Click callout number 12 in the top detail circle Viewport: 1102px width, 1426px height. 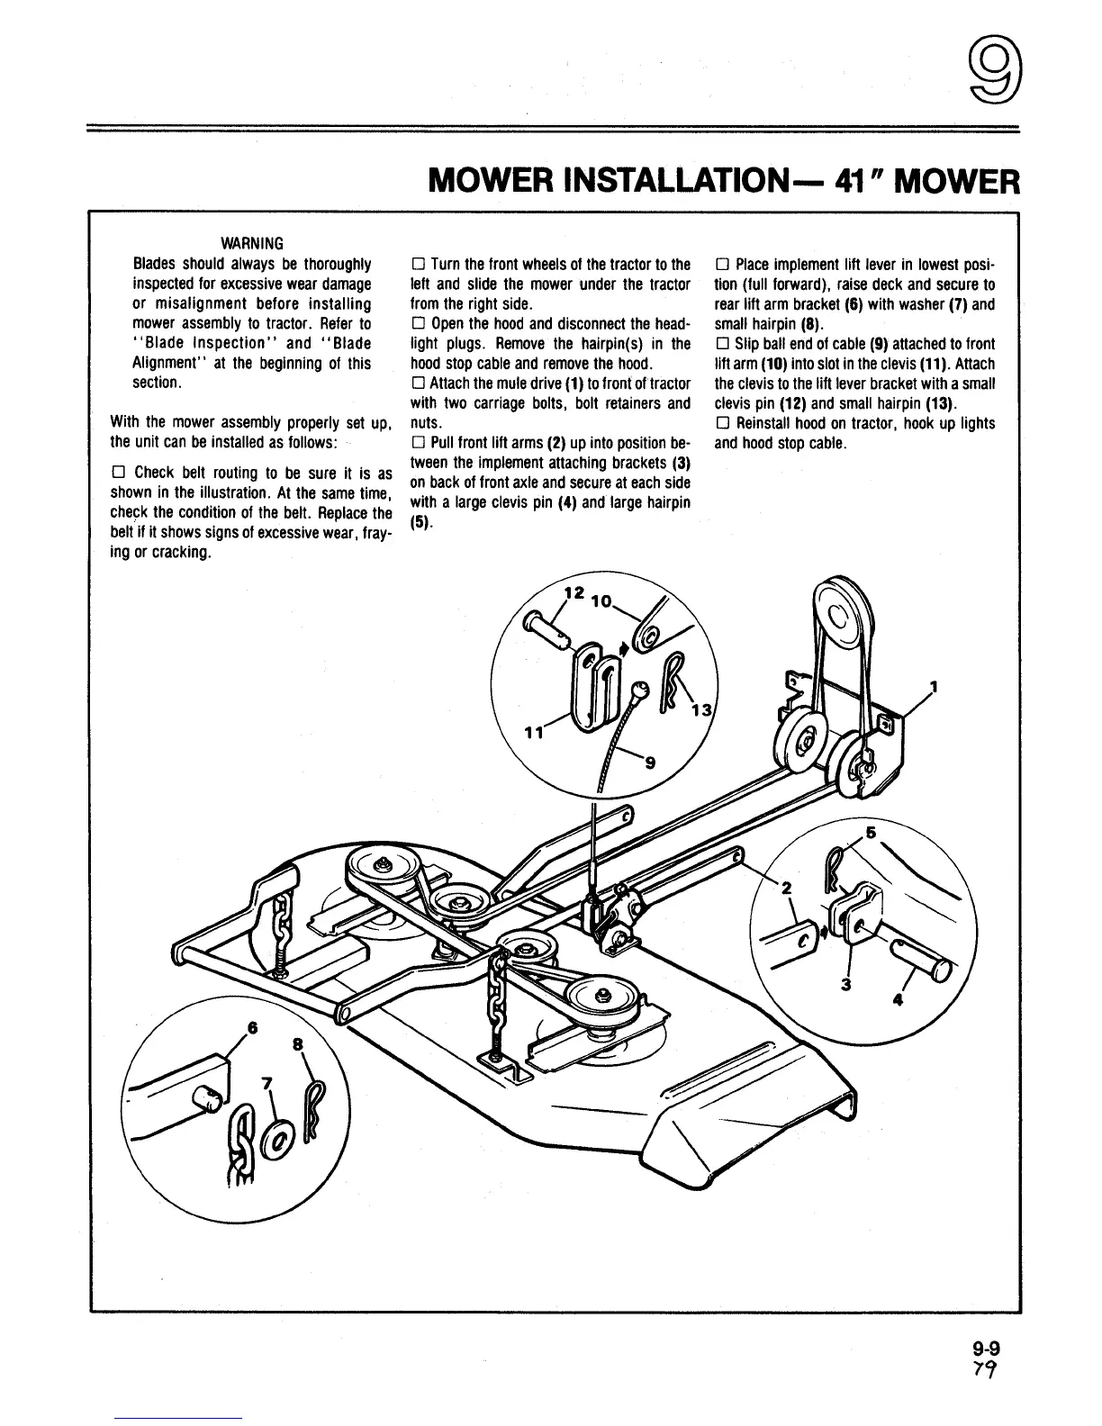point(573,593)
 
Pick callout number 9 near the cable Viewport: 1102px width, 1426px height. point(650,764)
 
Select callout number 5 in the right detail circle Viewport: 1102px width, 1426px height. point(871,833)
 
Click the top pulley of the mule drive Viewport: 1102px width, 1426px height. point(837,618)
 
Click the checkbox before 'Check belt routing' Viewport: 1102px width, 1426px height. point(117,474)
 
